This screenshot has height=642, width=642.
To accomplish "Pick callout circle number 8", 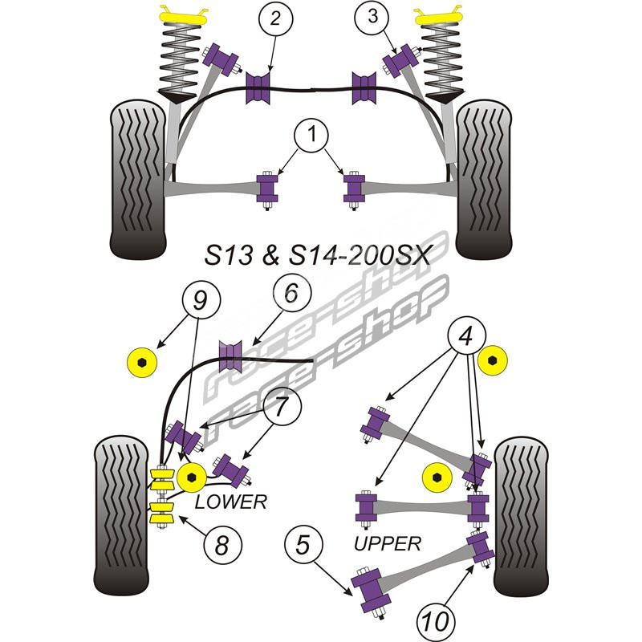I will (222, 546).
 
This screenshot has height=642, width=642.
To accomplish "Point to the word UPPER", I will (388, 544).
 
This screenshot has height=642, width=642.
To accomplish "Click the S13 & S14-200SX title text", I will (315, 257).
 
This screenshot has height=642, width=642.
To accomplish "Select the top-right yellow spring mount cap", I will (438, 14).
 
